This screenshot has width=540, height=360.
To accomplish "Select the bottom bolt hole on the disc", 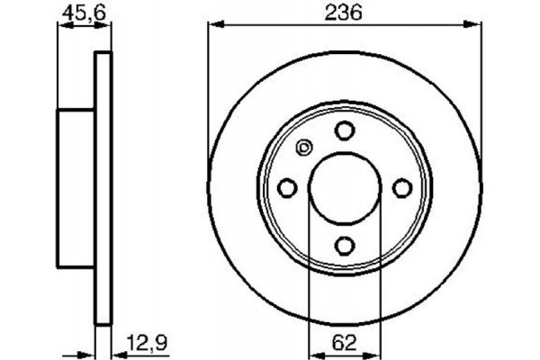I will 345,244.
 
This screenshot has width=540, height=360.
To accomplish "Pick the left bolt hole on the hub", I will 288,187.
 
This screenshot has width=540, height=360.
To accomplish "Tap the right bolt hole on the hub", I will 401,187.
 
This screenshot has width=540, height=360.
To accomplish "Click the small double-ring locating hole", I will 303,149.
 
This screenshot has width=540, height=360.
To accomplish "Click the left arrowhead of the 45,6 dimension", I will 62,27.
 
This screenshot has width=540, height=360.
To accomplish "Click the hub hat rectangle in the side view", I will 77,187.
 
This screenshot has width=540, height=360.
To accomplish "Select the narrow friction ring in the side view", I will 103,187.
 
